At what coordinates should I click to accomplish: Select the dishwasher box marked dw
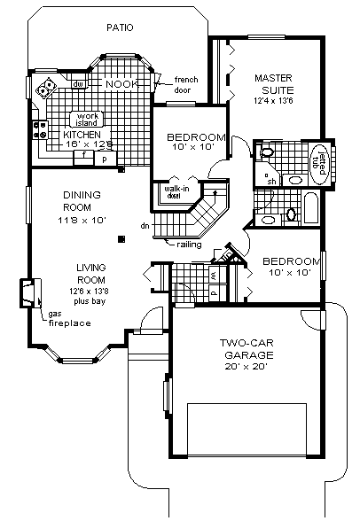pyautogui.click(x=79, y=84)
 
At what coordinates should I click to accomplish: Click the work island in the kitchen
pyautogui.click(x=86, y=120)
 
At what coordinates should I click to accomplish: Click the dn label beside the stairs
pyautogui.click(x=145, y=227)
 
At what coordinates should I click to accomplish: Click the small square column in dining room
pyautogui.click(x=122, y=237)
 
